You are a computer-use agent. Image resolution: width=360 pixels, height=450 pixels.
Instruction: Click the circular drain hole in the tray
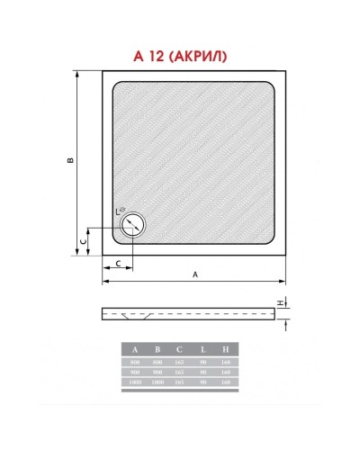(133, 224)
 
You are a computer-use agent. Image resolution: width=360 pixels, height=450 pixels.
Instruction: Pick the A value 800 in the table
(135, 361)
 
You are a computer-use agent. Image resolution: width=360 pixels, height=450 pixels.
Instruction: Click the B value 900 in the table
(157, 371)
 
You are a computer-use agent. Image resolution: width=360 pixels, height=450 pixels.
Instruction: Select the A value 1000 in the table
(135, 382)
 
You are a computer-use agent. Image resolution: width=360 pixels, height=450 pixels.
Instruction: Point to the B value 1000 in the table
(157, 382)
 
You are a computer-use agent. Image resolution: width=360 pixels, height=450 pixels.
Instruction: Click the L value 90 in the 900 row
(202, 371)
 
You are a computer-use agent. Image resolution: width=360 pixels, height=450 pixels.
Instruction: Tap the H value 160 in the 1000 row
(225, 382)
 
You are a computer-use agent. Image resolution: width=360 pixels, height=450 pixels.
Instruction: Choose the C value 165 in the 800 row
(179, 361)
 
